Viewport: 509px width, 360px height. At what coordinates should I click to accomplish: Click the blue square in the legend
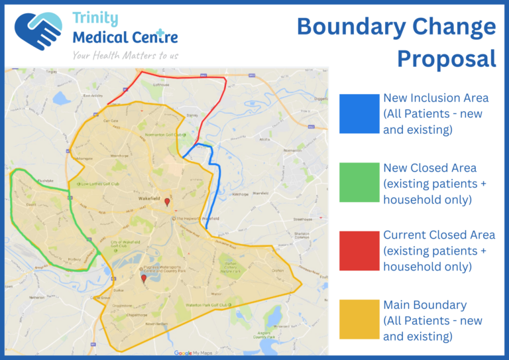[359, 113]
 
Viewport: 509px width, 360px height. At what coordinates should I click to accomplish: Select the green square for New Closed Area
[359, 182]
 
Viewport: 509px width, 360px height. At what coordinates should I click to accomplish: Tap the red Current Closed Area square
[359, 250]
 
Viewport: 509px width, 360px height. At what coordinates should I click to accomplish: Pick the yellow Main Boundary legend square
[359, 320]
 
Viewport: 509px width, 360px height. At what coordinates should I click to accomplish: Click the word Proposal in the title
[446, 58]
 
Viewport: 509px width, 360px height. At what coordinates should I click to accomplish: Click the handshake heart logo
[38, 30]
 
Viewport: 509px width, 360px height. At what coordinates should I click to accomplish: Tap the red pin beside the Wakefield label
[167, 202]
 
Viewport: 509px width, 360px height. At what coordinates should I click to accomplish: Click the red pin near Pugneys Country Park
[144, 278]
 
